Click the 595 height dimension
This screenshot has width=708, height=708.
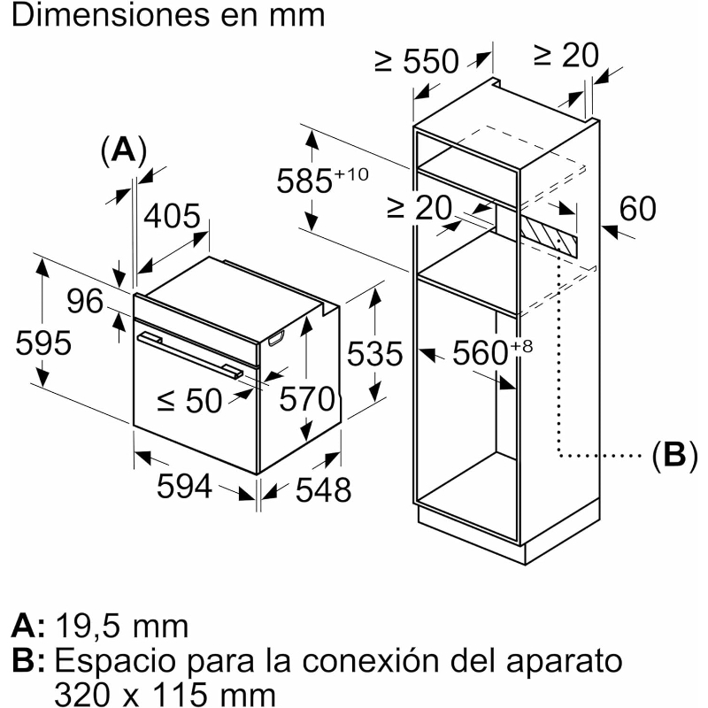[x=43, y=343]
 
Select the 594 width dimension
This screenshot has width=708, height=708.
[x=184, y=486]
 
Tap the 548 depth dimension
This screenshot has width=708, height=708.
[x=323, y=489]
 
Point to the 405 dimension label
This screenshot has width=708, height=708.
[x=172, y=216]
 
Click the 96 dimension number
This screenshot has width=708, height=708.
[x=85, y=301]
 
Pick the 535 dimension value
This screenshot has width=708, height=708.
[x=374, y=353]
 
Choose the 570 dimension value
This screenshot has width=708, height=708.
[x=307, y=399]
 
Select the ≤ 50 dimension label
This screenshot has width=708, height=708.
[x=190, y=401]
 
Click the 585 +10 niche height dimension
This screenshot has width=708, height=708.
[x=322, y=180]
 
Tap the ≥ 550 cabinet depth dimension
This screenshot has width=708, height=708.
[x=416, y=61]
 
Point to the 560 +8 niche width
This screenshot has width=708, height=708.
[x=493, y=352]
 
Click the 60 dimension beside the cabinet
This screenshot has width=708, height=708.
[x=637, y=209]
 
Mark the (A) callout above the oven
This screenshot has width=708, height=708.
[x=124, y=150]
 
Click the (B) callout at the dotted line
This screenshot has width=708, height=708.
[x=674, y=455]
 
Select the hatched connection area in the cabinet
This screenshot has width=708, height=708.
[x=548, y=235]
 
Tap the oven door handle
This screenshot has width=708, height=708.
[x=190, y=355]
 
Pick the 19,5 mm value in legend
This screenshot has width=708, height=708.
[x=122, y=627]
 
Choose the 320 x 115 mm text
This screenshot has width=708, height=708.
[x=165, y=694]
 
